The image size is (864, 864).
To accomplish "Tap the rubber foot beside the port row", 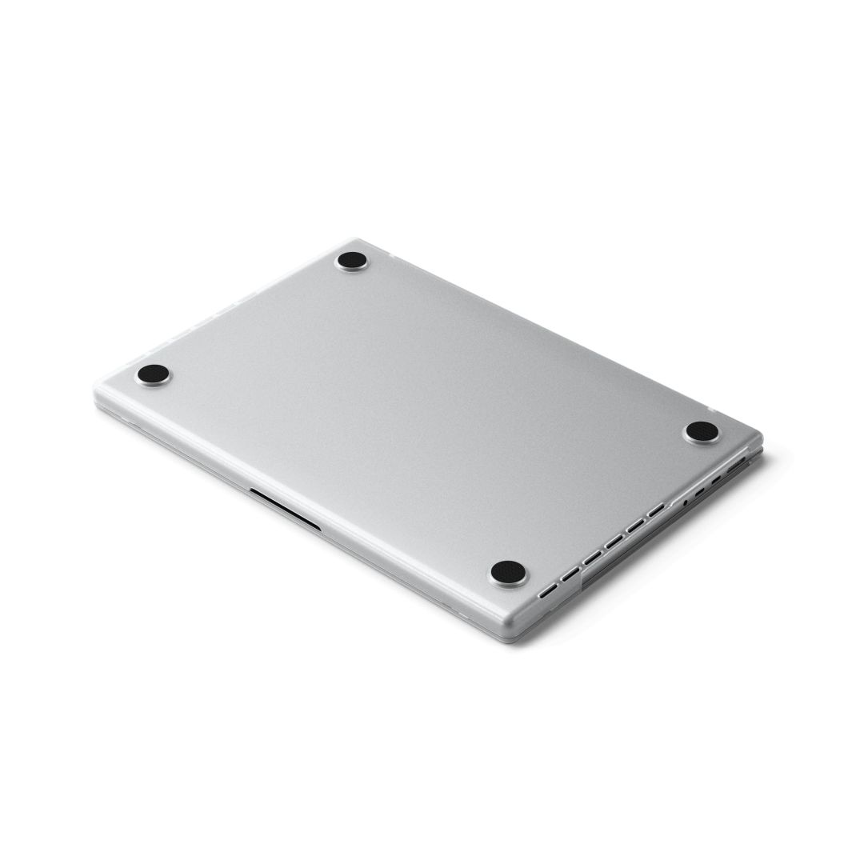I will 702,431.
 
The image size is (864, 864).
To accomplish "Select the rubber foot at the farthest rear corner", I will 352,260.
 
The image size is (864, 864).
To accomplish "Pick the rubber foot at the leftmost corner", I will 153,373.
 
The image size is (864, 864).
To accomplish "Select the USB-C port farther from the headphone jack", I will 716,479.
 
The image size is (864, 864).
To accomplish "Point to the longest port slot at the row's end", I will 736,464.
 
